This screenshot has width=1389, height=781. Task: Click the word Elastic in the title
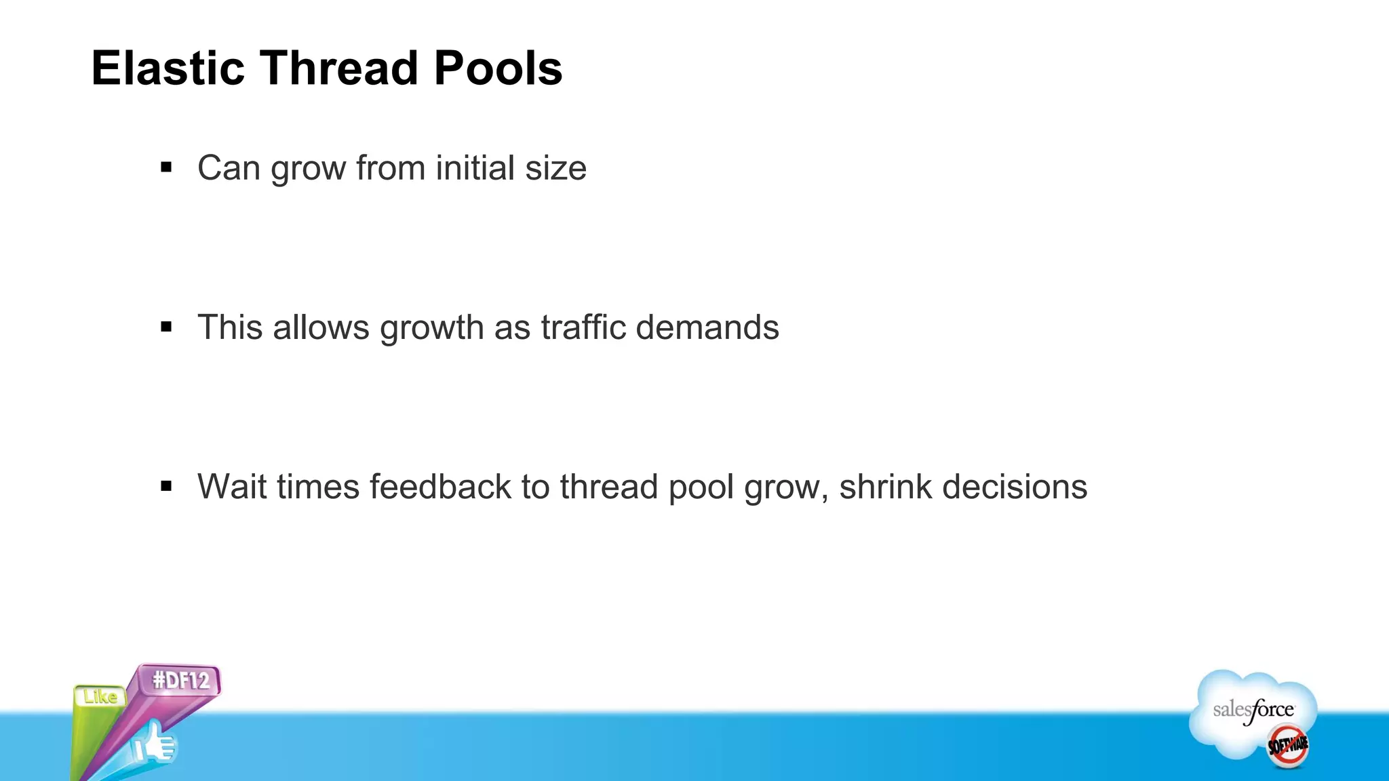click(168, 68)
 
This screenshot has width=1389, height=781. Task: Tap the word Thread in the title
click(339, 68)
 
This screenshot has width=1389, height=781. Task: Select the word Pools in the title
click(498, 68)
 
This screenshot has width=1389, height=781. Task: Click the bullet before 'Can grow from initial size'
click(166, 167)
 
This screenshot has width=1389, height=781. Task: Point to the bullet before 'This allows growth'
click(166, 327)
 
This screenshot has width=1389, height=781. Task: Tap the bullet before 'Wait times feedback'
click(166, 486)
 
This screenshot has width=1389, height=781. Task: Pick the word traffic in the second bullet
click(583, 327)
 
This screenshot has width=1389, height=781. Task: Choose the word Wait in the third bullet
click(231, 487)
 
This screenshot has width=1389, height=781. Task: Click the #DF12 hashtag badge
click(180, 680)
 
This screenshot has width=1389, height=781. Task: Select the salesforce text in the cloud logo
click(1253, 710)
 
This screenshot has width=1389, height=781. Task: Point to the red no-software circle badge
click(1288, 746)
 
